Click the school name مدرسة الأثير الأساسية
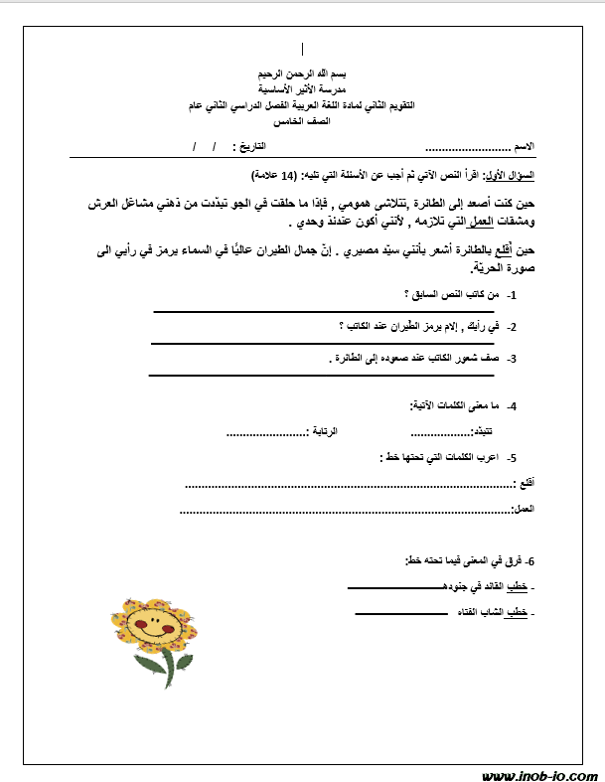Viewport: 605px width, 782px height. point(303,89)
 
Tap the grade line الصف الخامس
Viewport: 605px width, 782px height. point(303,119)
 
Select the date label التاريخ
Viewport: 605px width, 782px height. point(255,146)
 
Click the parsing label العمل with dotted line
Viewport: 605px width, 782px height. point(523,509)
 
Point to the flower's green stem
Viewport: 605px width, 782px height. point(149,666)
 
